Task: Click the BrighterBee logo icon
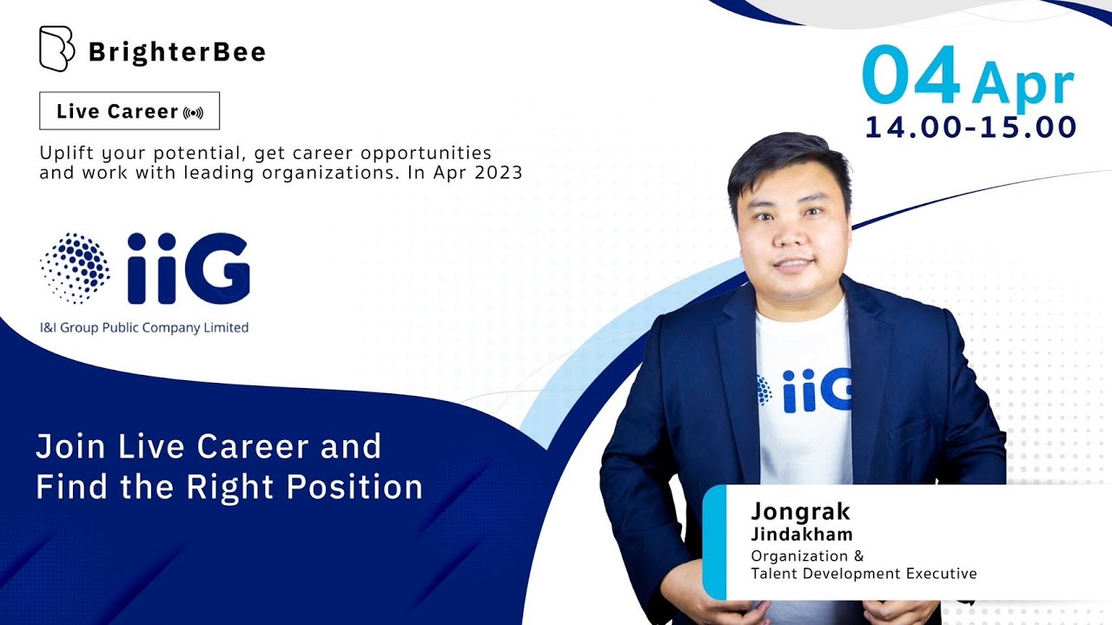(x=56, y=49)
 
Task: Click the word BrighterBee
(x=176, y=52)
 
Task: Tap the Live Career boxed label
(x=129, y=111)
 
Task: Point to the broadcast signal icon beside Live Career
(x=194, y=113)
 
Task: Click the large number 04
(x=910, y=76)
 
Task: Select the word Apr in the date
(x=1023, y=85)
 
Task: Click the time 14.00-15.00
(x=970, y=128)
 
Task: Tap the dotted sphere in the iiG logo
(x=75, y=268)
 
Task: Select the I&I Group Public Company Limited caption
(x=144, y=328)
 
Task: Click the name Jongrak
(x=801, y=511)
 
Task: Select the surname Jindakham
(x=802, y=534)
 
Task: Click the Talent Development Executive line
(x=864, y=574)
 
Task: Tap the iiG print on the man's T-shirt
(x=808, y=391)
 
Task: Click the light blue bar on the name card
(x=713, y=542)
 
